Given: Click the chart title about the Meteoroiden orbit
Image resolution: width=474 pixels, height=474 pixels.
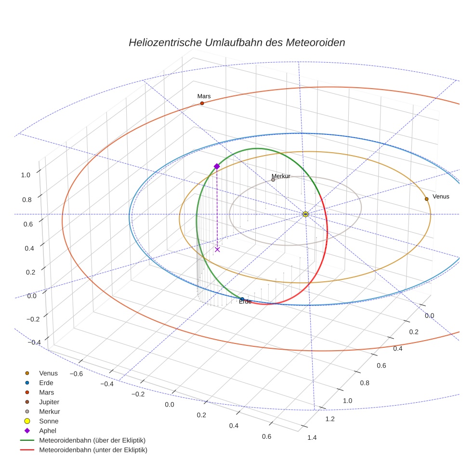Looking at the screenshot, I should pyautogui.click(x=237, y=42).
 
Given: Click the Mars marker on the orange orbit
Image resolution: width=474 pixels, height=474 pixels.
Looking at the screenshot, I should pyautogui.click(x=202, y=103).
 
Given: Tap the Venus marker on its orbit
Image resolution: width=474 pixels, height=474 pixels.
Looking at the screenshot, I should pyautogui.click(x=426, y=198).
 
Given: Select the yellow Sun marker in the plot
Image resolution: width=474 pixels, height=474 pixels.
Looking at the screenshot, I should pyautogui.click(x=305, y=214).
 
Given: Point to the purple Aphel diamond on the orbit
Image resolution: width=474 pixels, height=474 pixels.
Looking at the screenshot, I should pyautogui.click(x=217, y=166).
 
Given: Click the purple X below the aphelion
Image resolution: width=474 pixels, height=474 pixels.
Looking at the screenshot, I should pyautogui.click(x=217, y=249).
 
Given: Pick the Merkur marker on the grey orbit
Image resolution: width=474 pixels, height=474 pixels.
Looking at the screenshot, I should pyautogui.click(x=273, y=180).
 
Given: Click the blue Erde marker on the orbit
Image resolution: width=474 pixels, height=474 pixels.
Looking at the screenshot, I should pyautogui.click(x=242, y=299).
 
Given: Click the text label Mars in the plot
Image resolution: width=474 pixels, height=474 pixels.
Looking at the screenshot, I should pyautogui.click(x=204, y=96).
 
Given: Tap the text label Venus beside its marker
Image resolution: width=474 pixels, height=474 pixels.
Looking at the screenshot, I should pyautogui.click(x=441, y=197).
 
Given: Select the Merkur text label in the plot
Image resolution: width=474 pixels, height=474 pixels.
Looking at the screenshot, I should pyautogui.click(x=281, y=176).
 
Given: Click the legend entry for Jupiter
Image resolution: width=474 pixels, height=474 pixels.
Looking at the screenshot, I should pyautogui.click(x=49, y=402).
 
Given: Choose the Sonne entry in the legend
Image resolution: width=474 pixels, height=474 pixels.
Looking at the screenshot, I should pyautogui.click(x=49, y=421).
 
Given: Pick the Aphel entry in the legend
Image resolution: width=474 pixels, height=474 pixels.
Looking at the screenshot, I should pyautogui.click(x=48, y=431).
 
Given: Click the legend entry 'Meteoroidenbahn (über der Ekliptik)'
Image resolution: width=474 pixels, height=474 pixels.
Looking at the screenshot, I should pyautogui.click(x=92, y=440).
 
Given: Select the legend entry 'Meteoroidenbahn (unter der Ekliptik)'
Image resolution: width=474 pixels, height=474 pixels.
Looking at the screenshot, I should pyautogui.click(x=93, y=450).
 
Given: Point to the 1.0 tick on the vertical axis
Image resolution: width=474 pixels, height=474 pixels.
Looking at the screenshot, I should pyautogui.click(x=26, y=175).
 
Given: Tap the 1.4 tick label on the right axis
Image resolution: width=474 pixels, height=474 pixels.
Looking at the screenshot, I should pyautogui.click(x=312, y=437).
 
